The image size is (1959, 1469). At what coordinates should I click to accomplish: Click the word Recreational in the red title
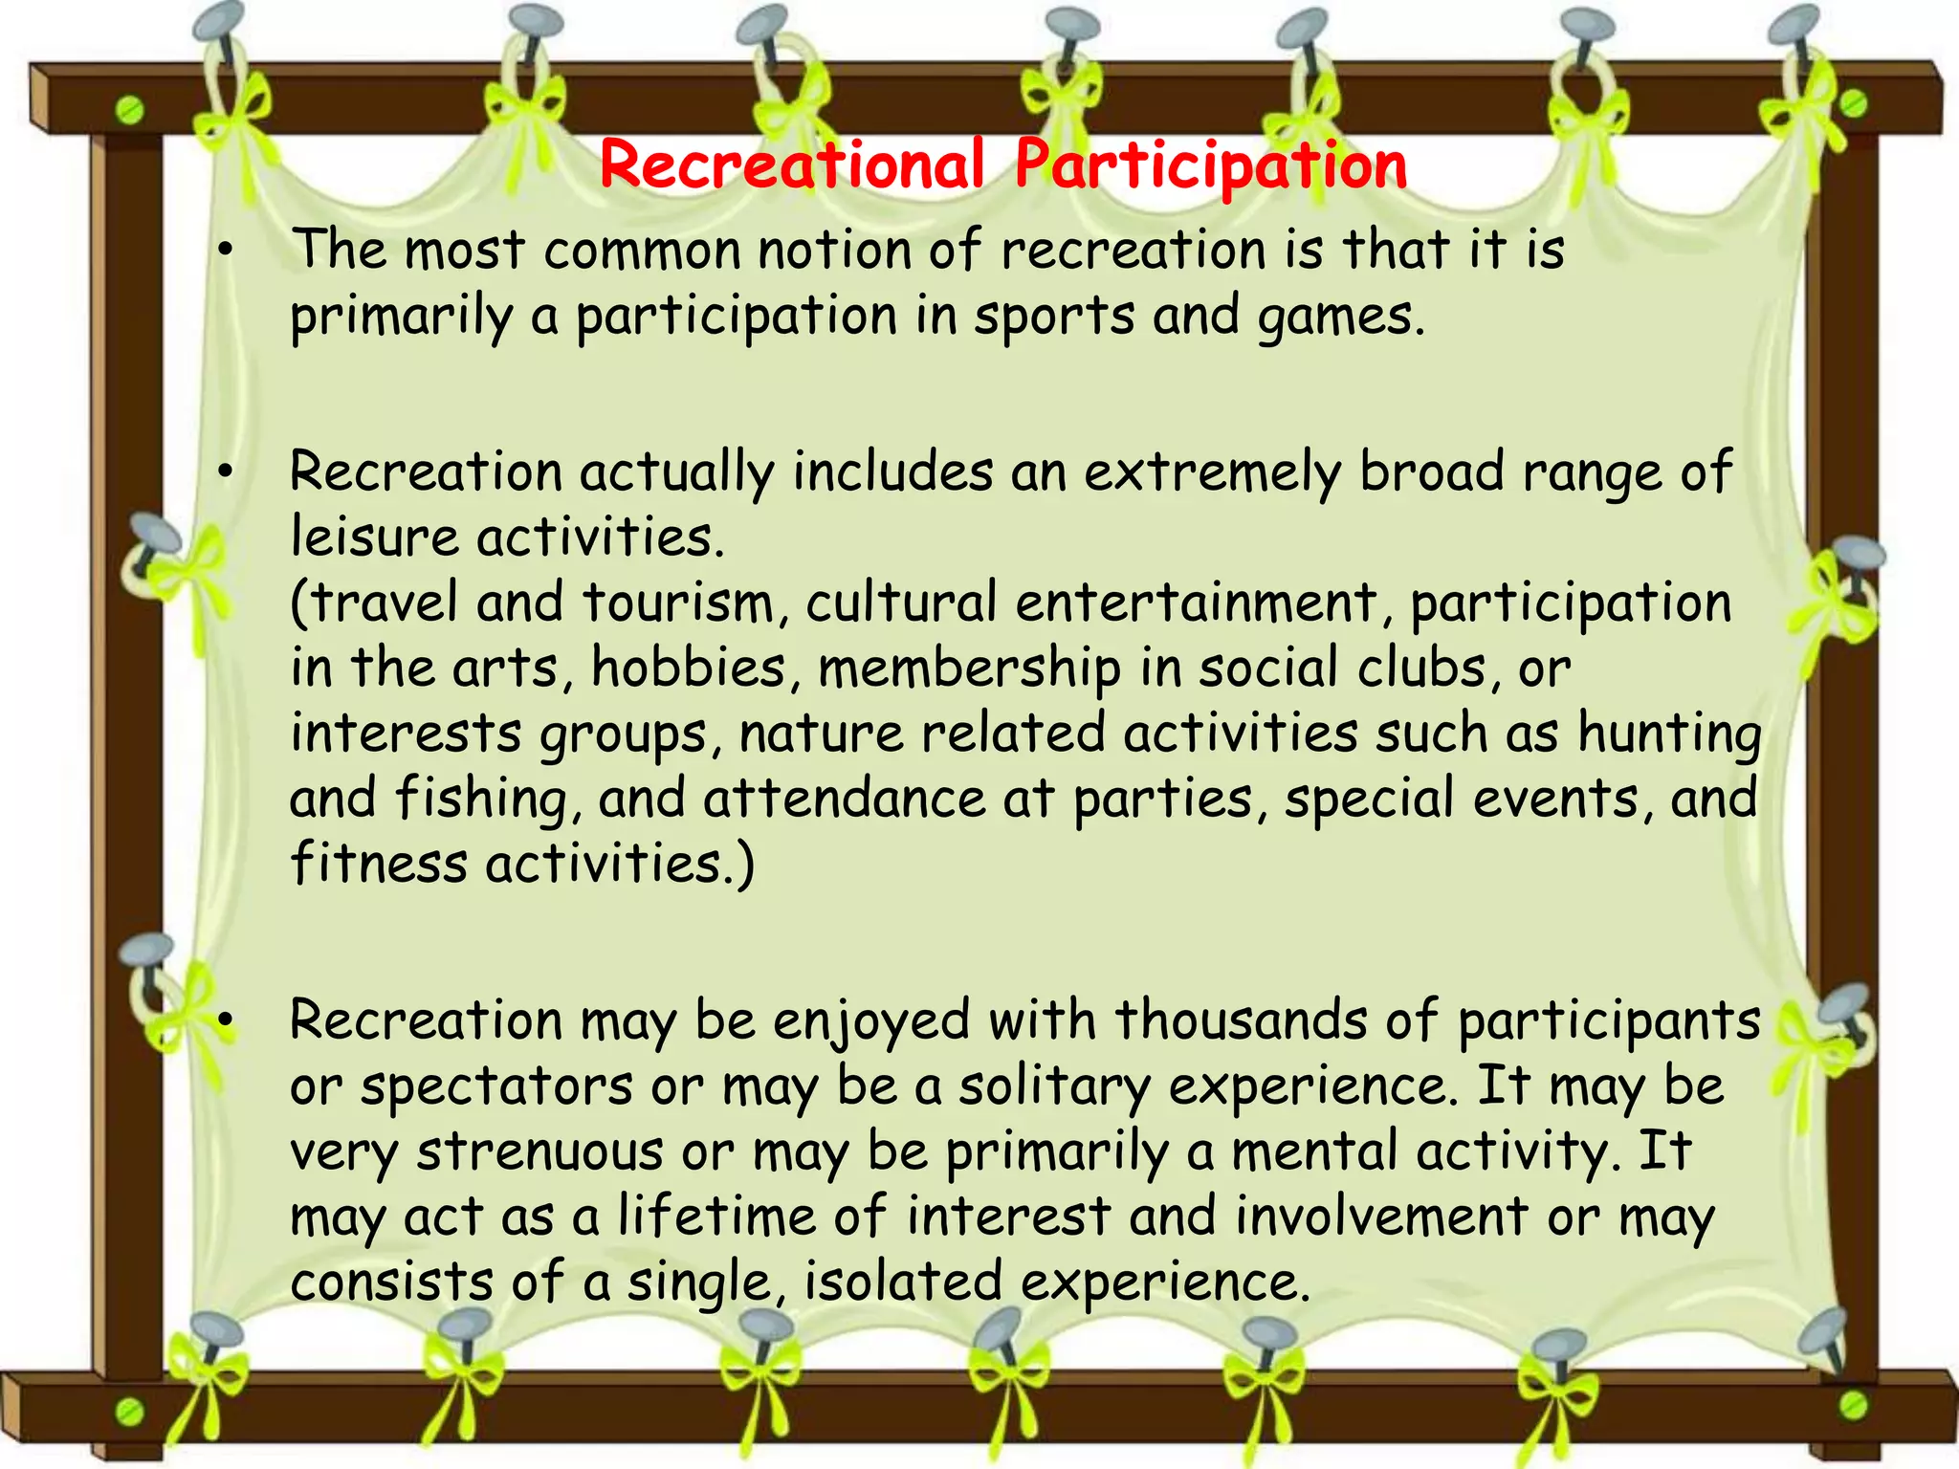pyautogui.click(x=792, y=164)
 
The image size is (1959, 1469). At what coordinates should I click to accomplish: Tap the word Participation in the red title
pyautogui.click(x=1210, y=166)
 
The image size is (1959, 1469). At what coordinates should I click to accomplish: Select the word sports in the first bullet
pyautogui.click(x=1053, y=317)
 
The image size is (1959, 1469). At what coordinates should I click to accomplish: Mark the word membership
pyautogui.click(x=969, y=669)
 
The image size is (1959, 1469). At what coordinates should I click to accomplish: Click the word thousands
pyautogui.click(x=1241, y=1020)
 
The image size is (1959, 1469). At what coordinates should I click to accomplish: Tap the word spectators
pyautogui.click(x=496, y=1087)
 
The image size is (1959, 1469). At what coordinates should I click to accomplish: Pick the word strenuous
pyautogui.click(x=539, y=1151)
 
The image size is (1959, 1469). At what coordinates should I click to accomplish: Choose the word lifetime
pyautogui.click(x=715, y=1217)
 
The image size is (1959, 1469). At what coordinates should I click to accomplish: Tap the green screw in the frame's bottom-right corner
pyautogui.click(x=1853, y=1404)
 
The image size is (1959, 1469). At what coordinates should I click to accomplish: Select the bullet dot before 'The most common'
pyautogui.click(x=225, y=252)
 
